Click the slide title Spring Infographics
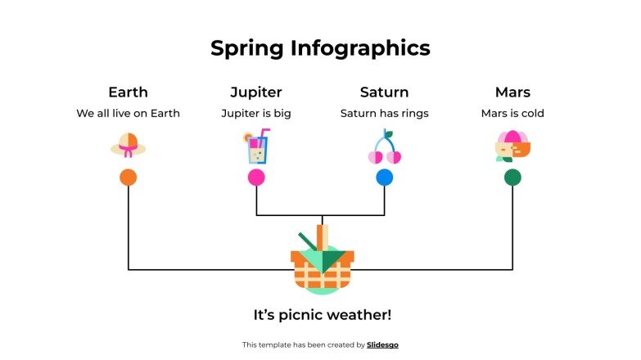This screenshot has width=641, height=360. [x=320, y=48]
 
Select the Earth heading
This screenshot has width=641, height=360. [x=128, y=92]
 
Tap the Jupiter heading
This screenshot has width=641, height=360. [x=256, y=92]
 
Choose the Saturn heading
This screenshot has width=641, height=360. [x=384, y=92]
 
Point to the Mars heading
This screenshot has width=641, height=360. [x=512, y=92]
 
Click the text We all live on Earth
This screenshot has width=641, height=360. [x=128, y=114]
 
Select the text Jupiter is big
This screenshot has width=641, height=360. [x=256, y=114]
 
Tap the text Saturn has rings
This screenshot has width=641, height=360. [x=384, y=114]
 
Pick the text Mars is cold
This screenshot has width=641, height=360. [x=512, y=114]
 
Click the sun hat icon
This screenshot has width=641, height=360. [x=128, y=146]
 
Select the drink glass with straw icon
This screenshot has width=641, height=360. [x=255, y=146]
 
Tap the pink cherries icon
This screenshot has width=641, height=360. [x=384, y=147]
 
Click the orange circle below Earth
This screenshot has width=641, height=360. [x=128, y=178]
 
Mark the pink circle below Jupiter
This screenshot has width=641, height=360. [x=256, y=178]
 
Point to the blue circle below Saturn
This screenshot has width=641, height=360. [x=384, y=178]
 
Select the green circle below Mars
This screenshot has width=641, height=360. [x=512, y=178]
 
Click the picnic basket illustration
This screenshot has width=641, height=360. [x=323, y=262]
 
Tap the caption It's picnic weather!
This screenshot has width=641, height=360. [x=323, y=315]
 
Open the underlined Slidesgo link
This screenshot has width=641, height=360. [x=382, y=345]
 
